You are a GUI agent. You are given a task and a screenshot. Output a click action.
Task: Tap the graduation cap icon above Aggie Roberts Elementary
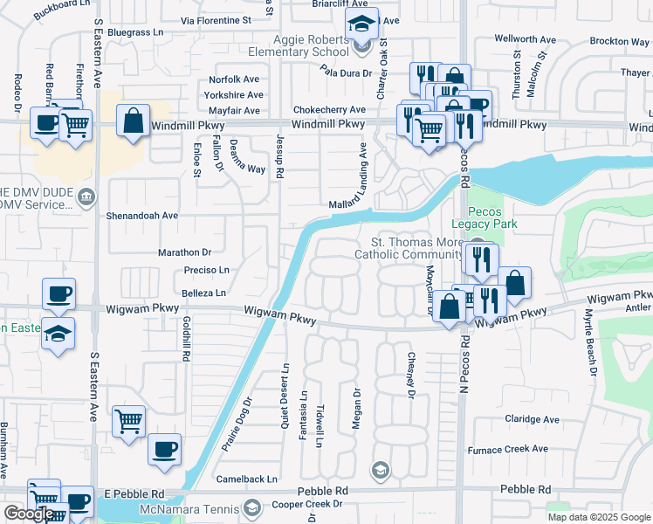coord(360,25)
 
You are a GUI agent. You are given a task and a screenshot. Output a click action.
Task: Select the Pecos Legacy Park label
coord(492,217)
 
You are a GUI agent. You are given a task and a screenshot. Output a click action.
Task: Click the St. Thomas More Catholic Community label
coord(409,248)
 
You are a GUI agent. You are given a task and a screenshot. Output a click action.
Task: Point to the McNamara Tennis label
coord(186,508)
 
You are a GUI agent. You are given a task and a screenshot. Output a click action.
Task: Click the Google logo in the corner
coord(29,514)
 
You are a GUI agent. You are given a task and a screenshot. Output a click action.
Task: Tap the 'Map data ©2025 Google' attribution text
coord(598,517)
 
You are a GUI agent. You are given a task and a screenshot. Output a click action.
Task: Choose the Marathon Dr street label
coord(185,252)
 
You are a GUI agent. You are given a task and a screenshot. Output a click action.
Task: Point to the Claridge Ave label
coord(532,419)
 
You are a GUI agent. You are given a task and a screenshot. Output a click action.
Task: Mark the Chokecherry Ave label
coord(328,110)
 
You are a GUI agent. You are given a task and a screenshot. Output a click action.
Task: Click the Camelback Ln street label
coord(247,479)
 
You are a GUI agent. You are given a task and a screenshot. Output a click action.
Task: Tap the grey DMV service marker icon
coord(86,195)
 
